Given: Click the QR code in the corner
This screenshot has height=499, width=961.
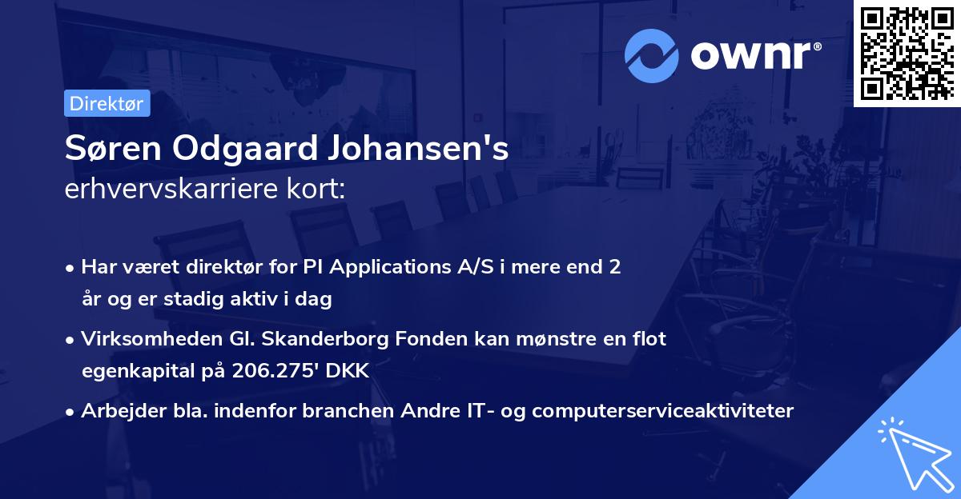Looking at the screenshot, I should [x=907, y=54].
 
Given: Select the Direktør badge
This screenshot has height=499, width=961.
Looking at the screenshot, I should [x=107, y=103].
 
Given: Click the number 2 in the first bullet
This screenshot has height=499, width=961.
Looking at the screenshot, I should [x=615, y=267].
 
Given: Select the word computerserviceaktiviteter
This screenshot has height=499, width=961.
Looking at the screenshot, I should [x=663, y=411].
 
